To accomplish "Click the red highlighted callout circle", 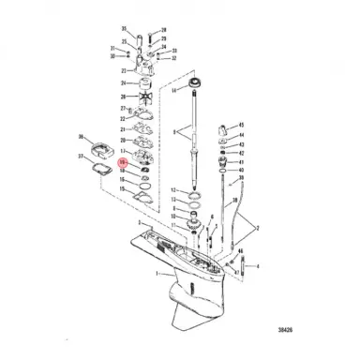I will pyautogui.click(x=122, y=162).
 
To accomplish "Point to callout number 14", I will pyautogui.click(x=172, y=90).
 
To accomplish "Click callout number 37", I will pyautogui.click(x=82, y=155).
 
